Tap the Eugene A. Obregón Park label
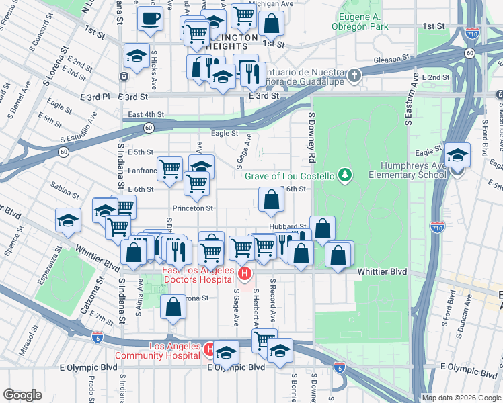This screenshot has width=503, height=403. tap(360, 21)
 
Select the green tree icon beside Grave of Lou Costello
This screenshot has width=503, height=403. tap(345, 176)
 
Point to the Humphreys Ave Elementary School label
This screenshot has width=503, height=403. tap(408, 170)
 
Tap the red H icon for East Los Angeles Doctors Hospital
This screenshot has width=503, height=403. tap(245, 273)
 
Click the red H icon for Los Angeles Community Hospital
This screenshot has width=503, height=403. tap(209, 349)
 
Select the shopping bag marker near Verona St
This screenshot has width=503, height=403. tap(173, 306)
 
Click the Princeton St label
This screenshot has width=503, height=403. tap(193, 208)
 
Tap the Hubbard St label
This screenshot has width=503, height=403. tap(288, 227)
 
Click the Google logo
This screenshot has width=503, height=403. tap(22, 395)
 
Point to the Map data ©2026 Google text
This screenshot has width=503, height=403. tap(461, 398)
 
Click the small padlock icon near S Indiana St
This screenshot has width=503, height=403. tap(124, 77)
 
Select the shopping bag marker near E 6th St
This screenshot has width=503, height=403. tap(271, 199)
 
